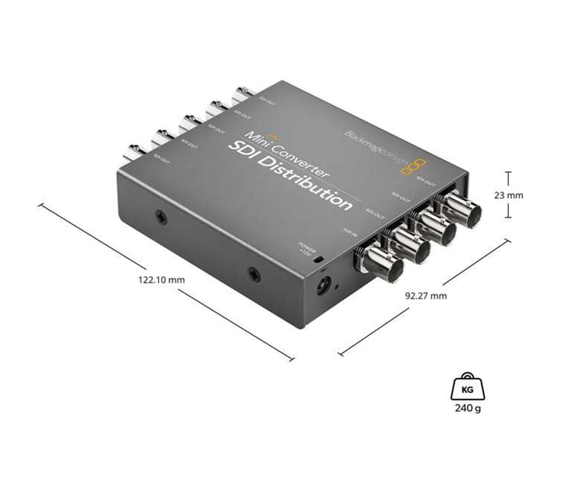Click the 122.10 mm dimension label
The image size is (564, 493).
point(161,280)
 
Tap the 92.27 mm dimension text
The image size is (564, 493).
point(426,296)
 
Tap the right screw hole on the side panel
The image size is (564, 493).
point(254,271)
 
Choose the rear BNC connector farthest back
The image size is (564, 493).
point(243,91)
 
